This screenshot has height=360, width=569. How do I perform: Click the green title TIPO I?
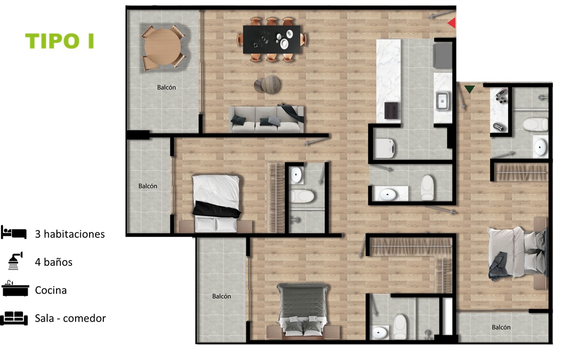(x=59, y=40)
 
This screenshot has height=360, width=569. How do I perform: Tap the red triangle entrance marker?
(x=452, y=23)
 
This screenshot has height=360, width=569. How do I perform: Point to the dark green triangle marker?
(x=469, y=89)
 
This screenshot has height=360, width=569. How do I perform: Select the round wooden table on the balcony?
(x=162, y=47)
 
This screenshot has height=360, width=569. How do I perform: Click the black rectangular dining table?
(x=271, y=39)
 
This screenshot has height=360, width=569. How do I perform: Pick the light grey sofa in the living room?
(x=266, y=119)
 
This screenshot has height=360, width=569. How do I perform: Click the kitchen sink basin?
(x=442, y=100)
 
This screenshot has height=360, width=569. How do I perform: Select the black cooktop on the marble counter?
(x=391, y=111)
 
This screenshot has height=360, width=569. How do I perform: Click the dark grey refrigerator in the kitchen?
(x=443, y=56)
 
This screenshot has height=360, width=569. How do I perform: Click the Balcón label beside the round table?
(x=167, y=88)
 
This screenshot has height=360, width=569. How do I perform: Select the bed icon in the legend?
(x=14, y=233)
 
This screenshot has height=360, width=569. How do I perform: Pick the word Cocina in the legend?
(x=51, y=290)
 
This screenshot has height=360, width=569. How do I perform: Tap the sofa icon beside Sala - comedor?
(x=14, y=318)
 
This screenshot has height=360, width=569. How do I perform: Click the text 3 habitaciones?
(x=70, y=234)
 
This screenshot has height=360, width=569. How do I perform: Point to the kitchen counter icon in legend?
(x=15, y=289)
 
